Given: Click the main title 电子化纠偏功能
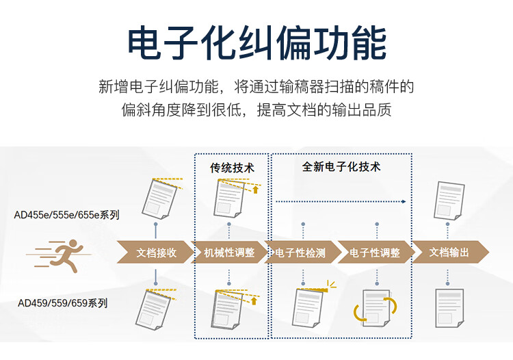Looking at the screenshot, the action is [256, 44].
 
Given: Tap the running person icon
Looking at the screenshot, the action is [59, 255].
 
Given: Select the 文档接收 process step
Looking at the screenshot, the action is [155, 253].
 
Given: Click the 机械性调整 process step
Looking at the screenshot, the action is [229, 253].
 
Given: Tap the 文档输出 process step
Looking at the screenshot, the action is [451, 253].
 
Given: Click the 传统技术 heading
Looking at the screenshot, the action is [232, 168].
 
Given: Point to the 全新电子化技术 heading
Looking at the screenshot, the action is [341, 167].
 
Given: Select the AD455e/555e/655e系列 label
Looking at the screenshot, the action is [66, 215].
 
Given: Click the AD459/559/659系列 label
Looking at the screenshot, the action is [62, 303].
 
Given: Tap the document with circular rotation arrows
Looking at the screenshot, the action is [376, 308].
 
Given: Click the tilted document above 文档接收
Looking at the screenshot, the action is [159, 199].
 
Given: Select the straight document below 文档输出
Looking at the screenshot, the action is [449, 308].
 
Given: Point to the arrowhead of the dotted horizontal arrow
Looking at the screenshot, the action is [404, 202].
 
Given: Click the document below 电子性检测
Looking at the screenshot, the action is [307, 307].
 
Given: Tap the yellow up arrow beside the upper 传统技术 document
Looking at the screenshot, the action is [256, 190].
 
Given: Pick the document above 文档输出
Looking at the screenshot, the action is [449, 201].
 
